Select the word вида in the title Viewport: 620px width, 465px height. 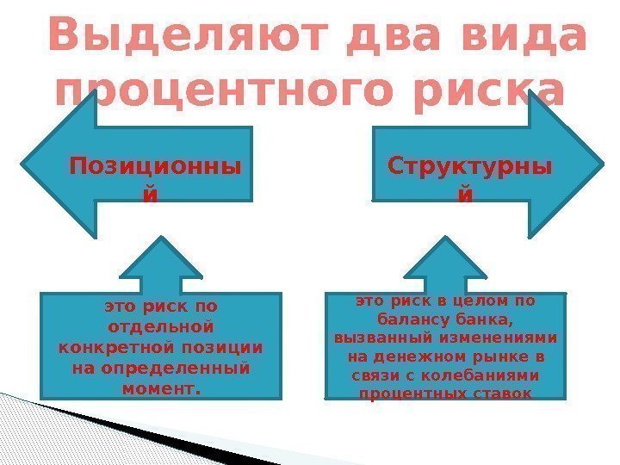pos(514,38)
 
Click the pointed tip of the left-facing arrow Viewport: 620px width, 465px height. pos(26,165)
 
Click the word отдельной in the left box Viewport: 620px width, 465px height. pos(161,327)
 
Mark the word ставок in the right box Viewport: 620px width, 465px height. pos(507,394)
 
